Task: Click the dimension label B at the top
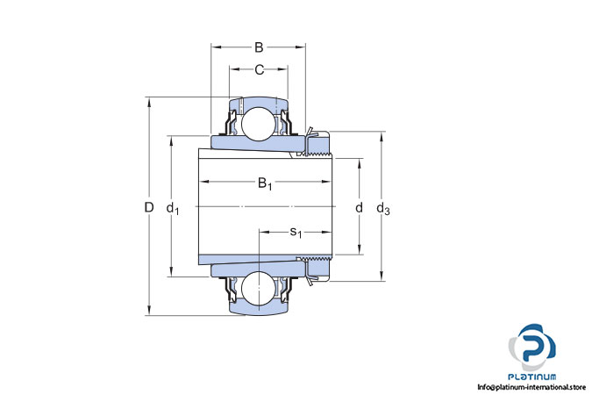tap(259, 47)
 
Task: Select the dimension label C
tap(259, 70)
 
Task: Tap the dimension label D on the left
tap(149, 207)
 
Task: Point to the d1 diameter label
tap(173, 208)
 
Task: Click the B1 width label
tap(265, 183)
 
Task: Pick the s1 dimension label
tap(296, 233)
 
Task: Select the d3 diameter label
tap(383, 208)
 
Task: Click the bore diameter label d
tap(359, 207)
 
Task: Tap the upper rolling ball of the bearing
tap(259, 124)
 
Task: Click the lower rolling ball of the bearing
tap(259, 288)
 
